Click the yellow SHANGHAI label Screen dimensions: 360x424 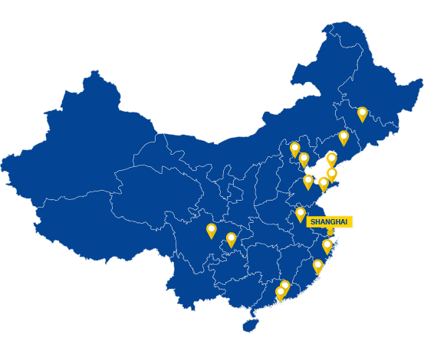[329, 221]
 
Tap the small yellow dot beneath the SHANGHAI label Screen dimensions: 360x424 [330, 231]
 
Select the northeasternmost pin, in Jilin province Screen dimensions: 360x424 [362, 113]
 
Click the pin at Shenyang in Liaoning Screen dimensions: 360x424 [343, 137]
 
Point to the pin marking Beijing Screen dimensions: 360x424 [294, 148]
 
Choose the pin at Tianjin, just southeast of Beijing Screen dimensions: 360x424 [304, 159]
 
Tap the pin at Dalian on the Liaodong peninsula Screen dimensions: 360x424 [331, 159]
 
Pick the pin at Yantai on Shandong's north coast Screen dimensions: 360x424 [332, 174]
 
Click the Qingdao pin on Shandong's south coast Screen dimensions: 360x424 [324, 183]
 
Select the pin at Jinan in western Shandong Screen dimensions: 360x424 [308, 181]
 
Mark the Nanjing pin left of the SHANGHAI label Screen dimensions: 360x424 [301, 213]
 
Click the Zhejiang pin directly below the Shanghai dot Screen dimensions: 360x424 [327, 245]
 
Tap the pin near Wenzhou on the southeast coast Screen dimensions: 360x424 [318, 265]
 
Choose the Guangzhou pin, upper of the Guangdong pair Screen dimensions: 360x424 [285, 286]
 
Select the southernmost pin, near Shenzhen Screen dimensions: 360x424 [280, 292]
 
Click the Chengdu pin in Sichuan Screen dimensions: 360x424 [211, 229]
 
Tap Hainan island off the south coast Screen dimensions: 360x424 [249, 326]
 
